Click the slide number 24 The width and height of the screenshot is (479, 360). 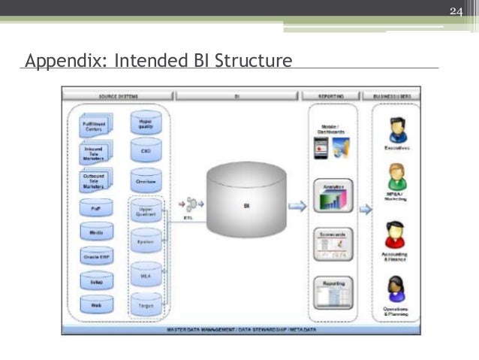coord(457,10)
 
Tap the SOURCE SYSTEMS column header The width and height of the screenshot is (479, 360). coord(118,96)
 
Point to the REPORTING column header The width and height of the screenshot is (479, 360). coord(333,96)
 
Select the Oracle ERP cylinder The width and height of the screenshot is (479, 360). coord(97,256)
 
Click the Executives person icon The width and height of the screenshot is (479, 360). coord(396,129)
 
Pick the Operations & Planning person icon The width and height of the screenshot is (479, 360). coord(396,289)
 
